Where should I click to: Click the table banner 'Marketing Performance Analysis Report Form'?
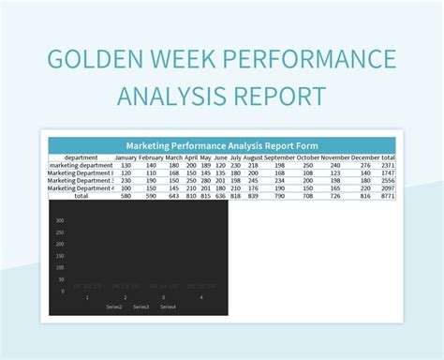coord(222,145)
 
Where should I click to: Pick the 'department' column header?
coord(81,157)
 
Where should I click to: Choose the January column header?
coord(126,157)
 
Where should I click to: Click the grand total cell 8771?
coord(388,196)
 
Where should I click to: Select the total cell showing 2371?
coord(388,165)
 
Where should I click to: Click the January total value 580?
coord(126,196)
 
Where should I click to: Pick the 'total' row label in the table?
coord(81,196)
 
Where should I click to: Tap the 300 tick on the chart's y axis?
coord(60,220)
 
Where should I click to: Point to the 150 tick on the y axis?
coord(60,256)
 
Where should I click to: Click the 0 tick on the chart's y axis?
coord(63,291)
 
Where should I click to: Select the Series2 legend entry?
coord(114,307)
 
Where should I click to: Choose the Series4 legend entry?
coord(168,307)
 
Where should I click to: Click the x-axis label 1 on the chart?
coord(88,297)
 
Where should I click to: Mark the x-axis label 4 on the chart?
coord(200,297)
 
